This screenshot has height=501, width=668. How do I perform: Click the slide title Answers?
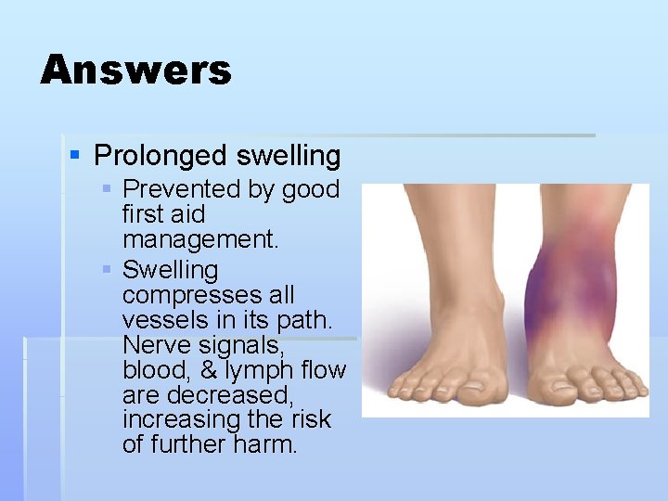135,70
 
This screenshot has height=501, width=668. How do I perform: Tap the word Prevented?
181,189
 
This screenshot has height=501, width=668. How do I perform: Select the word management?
200,240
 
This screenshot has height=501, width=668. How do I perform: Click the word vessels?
154,320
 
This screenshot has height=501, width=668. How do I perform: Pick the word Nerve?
153,345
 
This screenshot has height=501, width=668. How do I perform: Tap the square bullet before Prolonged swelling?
76,154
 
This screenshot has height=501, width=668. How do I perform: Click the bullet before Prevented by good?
108,189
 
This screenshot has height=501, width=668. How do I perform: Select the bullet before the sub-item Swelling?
108,270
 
